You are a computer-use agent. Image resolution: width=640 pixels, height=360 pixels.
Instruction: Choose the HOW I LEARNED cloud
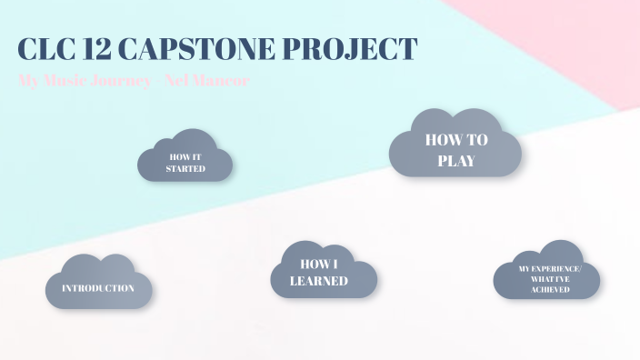point(324,271)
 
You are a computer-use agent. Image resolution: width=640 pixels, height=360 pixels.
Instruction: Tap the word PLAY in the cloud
point(455,161)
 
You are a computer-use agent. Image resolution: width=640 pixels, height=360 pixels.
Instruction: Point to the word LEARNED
point(319,281)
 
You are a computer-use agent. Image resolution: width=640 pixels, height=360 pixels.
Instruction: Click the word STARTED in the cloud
point(185,168)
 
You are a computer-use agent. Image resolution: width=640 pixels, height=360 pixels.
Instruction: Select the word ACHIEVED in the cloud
point(546,289)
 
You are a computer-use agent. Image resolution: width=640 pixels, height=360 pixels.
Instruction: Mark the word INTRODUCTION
point(98,288)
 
